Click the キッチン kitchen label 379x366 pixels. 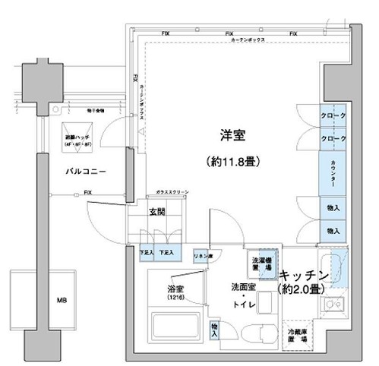point(303,274)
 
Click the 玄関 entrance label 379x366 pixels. point(156,212)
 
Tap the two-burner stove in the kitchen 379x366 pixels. point(333,307)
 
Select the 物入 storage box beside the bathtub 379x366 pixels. point(214,328)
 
